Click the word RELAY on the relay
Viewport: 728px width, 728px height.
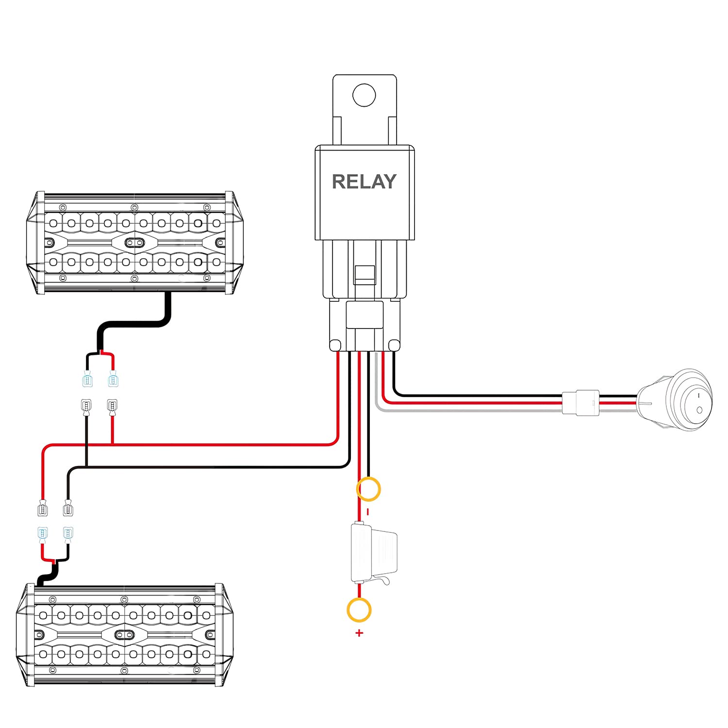pos(364,182)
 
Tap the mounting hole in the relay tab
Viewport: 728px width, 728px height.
pos(364,95)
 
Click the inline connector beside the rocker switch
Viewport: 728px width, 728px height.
pos(581,402)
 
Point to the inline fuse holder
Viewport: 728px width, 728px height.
pos(373,553)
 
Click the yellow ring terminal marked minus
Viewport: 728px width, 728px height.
pos(368,489)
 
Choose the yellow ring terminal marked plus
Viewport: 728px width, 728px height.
pos(359,610)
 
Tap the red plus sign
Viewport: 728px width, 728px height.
pos(359,633)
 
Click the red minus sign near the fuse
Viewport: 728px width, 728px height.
pos(368,512)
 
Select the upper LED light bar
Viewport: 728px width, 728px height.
pos(135,243)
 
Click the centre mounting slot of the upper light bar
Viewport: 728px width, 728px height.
pos(134,242)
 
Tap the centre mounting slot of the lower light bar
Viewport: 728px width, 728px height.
pos(124,634)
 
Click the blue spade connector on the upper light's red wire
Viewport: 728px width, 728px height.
pos(113,379)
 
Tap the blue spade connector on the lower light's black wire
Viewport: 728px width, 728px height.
pos(68,534)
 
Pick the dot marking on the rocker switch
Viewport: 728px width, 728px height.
pos(699,411)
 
